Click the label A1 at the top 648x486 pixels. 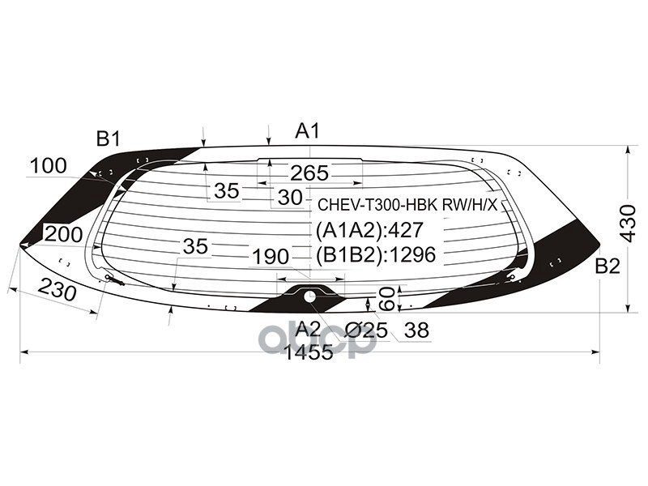point(308,131)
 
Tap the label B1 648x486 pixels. point(108,139)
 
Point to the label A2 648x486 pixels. point(308,329)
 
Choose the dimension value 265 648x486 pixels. point(309,173)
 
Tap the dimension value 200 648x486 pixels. point(64,235)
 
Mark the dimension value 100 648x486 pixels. point(49,167)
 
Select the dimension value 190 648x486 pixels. point(270,257)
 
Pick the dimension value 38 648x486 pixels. point(416,330)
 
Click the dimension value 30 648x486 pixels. point(289,197)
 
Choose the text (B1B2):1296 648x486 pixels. point(375,255)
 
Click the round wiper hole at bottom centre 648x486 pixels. point(310,296)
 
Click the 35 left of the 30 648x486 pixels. point(227,191)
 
